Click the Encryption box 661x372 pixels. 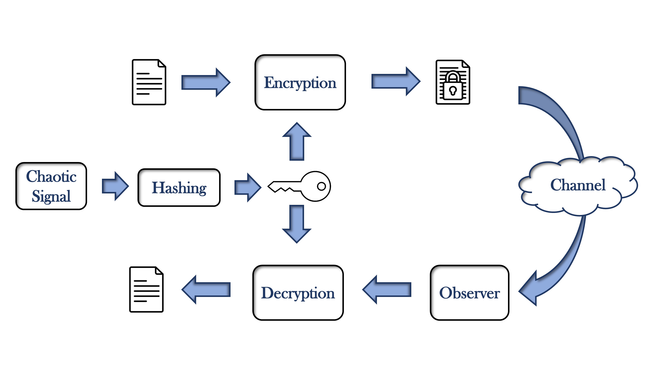coord(300,82)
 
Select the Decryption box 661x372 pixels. coord(298,293)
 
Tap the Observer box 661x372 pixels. coord(469,293)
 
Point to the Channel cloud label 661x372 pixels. coord(578,185)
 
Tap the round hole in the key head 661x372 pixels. coord(321,186)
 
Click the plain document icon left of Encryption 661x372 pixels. coord(149,82)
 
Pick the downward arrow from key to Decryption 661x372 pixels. coord(297,223)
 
